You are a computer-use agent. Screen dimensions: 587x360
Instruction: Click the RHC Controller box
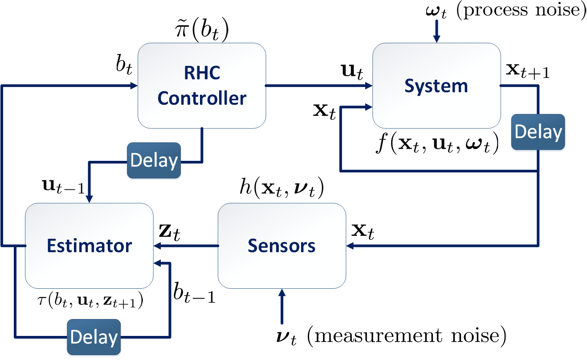click(202, 86)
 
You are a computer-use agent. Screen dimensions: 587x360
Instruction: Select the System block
click(436, 86)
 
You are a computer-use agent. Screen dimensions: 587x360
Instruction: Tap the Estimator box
click(89, 245)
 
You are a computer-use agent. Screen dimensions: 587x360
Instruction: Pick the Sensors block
click(282, 245)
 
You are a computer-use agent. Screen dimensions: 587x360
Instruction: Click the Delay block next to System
click(538, 132)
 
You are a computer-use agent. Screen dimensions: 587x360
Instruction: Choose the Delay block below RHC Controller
click(154, 160)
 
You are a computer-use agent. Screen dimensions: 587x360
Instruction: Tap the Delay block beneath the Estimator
click(94, 337)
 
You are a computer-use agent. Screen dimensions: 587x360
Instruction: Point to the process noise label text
click(521, 11)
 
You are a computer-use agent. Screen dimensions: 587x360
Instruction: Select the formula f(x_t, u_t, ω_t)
click(437, 143)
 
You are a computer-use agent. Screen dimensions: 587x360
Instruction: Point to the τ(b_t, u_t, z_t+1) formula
click(90, 300)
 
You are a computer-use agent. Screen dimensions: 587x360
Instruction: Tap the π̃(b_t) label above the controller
click(202, 30)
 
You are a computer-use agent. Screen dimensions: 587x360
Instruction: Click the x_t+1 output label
click(527, 71)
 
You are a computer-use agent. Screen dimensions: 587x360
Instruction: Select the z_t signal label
click(170, 232)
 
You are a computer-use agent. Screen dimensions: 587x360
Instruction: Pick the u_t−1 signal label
click(63, 186)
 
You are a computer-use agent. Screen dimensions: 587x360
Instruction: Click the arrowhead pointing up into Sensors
click(282, 293)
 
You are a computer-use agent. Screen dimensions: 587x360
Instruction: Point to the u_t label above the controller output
click(352, 71)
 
